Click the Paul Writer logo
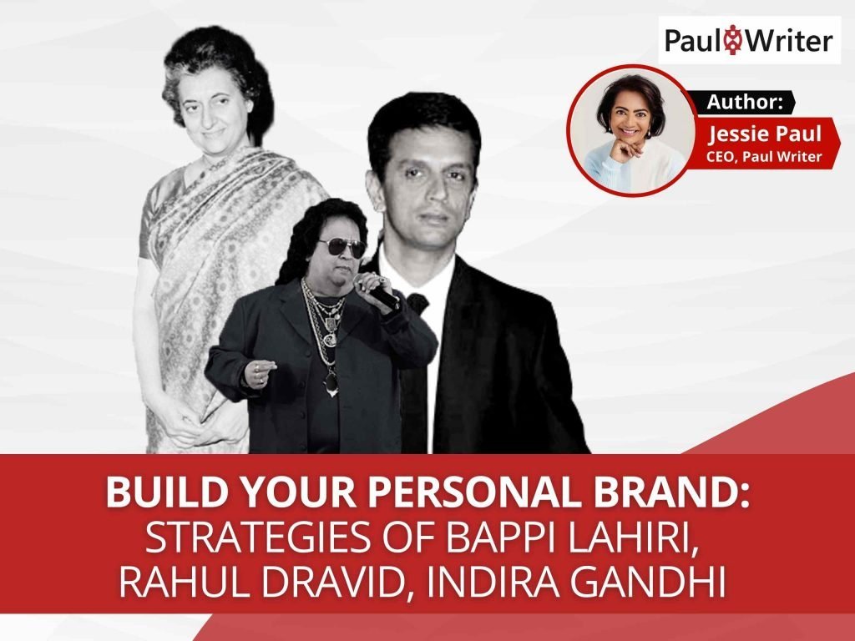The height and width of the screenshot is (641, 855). [x=748, y=39]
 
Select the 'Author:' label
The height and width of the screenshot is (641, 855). [x=745, y=103]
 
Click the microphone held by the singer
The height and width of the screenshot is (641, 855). [x=377, y=289]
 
